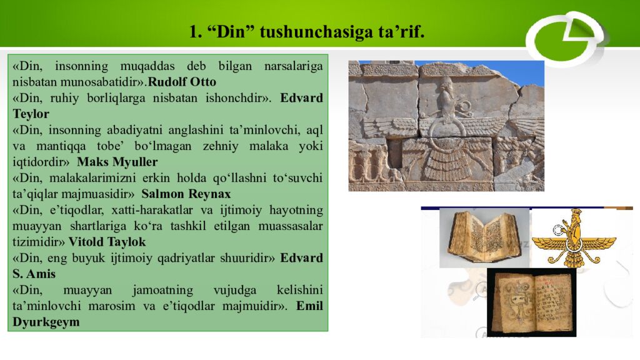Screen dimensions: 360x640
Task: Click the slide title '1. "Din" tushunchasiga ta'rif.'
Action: [307, 32]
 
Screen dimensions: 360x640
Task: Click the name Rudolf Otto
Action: [182, 82]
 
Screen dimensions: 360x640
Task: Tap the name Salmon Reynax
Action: [186, 194]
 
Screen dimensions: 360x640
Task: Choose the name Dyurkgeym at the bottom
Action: [46, 322]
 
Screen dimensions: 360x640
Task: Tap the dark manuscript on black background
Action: [531, 302]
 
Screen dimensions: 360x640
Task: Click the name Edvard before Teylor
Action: [301, 98]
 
